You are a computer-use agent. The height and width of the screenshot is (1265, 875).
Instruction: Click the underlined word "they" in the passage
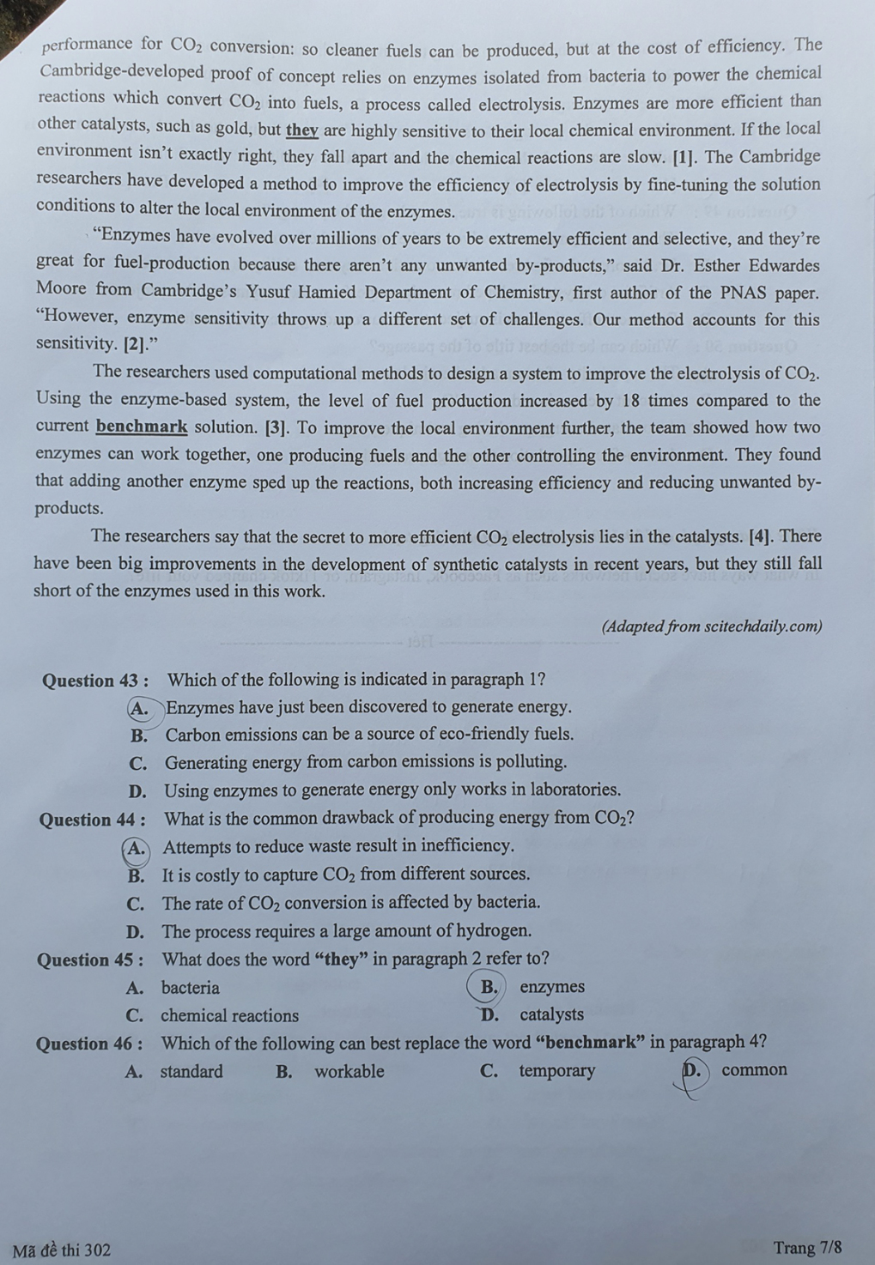pos(301,130)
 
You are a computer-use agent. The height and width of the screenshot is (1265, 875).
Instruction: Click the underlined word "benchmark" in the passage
pos(142,427)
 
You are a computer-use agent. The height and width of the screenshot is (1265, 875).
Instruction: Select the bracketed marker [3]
pos(276,427)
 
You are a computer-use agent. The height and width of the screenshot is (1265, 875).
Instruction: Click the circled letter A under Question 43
pos(138,708)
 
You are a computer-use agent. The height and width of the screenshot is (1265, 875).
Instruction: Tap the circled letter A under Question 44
pos(136,848)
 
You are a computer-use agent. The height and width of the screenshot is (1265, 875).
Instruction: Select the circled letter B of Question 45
pos(488,987)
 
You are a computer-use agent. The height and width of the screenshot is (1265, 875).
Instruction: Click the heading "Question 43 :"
pos(95,681)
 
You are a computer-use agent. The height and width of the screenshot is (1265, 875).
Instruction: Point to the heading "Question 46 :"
pos(89,1044)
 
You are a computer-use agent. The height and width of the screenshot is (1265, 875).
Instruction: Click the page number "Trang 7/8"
pos(807,1247)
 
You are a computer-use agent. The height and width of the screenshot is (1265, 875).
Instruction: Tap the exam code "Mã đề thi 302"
pos(62,1250)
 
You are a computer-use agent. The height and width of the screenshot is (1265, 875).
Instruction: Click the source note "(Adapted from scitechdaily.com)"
pos(712,626)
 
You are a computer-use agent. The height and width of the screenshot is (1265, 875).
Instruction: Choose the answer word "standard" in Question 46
pos(191,1071)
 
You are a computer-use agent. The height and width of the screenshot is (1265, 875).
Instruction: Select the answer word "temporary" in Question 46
pos(556,1071)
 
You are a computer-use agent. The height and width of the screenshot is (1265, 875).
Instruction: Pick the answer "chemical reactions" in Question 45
pos(229,1016)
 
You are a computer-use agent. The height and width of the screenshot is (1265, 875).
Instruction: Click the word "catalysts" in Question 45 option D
pos(551,1014)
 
